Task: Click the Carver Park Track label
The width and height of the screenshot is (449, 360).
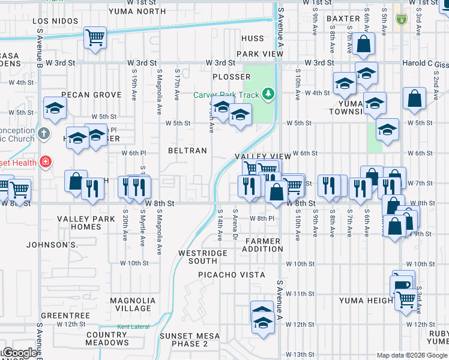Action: click(226, 95)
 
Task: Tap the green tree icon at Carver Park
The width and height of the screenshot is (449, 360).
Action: click(269, 94)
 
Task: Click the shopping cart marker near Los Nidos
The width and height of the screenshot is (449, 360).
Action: click(95, 38)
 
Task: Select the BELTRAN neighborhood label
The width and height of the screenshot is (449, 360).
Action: click(187, 151)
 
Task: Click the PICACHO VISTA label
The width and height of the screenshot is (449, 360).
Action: click(232, 275)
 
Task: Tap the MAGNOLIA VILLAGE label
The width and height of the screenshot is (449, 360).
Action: click(133, 304)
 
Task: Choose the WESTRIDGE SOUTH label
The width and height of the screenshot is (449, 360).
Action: click(198, 257)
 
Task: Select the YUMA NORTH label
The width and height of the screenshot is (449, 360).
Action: click(137, 11)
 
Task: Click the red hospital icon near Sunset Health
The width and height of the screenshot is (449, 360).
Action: click(44, 161)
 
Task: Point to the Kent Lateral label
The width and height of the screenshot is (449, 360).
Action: click(131, 327)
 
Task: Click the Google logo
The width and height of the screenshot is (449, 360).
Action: click(19, 353)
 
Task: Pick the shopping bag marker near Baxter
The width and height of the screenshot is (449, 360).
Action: click(364, 43)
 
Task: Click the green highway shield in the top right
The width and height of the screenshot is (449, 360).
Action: click(401, 19)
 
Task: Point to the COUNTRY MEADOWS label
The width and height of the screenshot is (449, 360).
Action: click(107, 338)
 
